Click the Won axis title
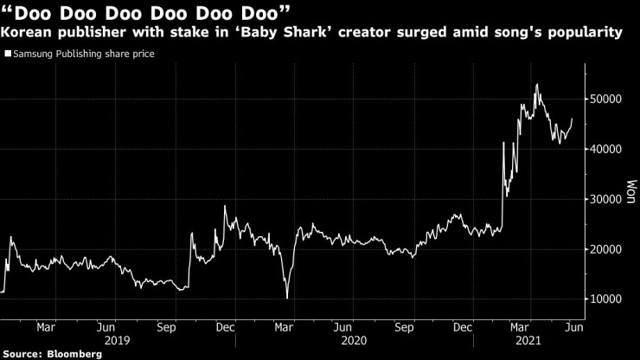[x=630, y=191]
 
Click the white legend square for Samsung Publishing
[x=8, y=54]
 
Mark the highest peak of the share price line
[x=538, y=85]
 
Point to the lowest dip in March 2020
[x=286, y=299]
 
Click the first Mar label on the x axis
[x=47, y=328]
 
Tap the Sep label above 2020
[x=404, y=328]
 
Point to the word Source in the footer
[x=24, y=354]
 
